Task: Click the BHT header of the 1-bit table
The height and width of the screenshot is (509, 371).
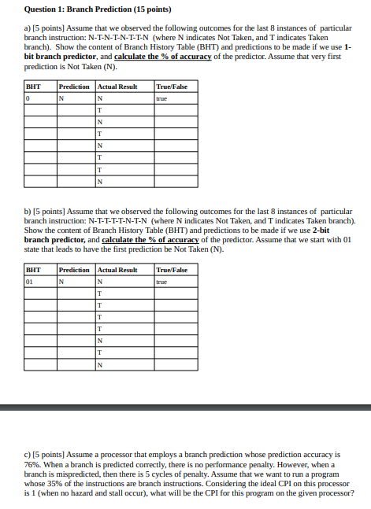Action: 33,87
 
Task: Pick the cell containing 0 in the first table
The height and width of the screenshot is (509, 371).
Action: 28,98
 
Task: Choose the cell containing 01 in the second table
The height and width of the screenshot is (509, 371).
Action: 30,281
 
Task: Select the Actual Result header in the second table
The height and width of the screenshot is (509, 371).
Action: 117,270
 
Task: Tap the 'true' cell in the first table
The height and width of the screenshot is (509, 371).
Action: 162,98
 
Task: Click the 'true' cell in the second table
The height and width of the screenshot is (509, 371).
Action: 162,281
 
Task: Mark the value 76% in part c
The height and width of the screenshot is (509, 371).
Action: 32,464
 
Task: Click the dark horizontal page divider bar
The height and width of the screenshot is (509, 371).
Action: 185,407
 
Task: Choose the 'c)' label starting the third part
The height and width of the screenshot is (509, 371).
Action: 28,455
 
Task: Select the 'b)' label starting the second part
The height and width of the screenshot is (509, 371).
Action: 28,212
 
